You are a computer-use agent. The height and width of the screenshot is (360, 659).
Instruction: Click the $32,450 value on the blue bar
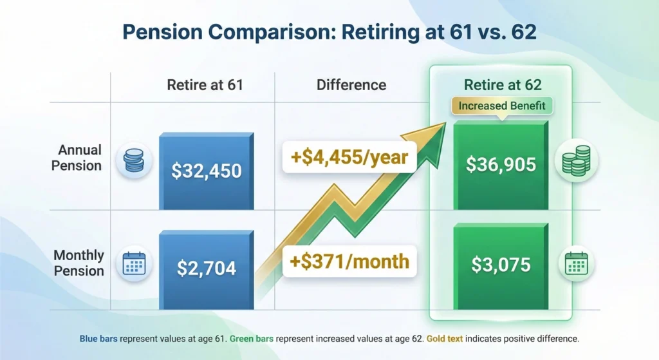(206, 171)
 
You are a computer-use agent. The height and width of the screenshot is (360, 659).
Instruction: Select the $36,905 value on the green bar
(501, 165)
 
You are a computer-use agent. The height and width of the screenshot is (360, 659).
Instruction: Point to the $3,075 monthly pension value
(501, 265)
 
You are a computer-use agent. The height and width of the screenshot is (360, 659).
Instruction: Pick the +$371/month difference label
(347, 261)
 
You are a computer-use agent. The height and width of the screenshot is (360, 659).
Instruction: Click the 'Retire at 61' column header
(205, 85)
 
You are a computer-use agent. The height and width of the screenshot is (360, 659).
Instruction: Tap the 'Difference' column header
(351, 85)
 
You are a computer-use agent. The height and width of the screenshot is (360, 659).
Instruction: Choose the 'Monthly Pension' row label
(79, 263)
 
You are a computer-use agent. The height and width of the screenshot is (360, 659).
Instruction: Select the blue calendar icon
(134, 264)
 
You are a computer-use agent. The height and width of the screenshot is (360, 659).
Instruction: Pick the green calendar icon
(575, 263)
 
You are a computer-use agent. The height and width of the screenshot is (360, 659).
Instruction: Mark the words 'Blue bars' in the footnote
(95, 338)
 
